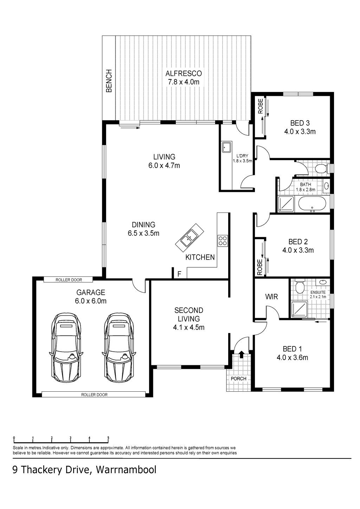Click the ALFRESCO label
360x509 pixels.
click(184, 73)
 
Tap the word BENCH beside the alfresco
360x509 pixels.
click(109, 81)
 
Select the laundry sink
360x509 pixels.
click(227, 148)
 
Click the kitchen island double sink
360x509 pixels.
click(189, 237)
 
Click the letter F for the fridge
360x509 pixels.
click(179, 274)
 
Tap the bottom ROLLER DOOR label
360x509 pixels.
click(94, 395)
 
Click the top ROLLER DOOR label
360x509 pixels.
click(69, 280)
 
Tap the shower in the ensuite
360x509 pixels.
click(300, 309)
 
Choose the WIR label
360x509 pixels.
click(271, 296)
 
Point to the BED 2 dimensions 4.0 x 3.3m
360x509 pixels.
click(298, 250)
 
